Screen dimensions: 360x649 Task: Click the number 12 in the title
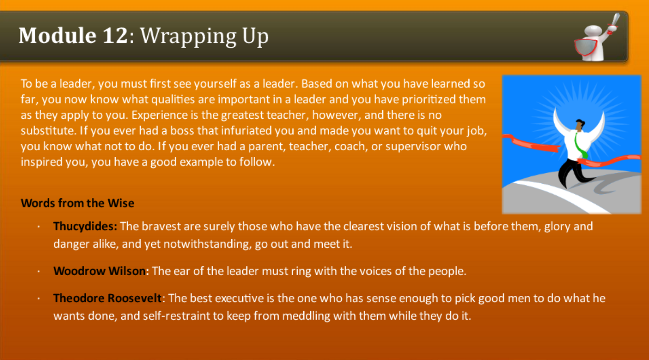115,36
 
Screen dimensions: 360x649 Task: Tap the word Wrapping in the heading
188,36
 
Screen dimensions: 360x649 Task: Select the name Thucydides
85,227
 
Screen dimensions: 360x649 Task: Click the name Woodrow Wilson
101,271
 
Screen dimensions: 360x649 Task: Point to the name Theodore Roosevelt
107,298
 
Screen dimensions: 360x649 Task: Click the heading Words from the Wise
78,203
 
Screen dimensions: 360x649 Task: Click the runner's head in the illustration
579,125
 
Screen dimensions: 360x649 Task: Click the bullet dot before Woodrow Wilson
39,272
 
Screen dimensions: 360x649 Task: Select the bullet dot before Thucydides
39,227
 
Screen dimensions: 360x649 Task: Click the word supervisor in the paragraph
412,146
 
